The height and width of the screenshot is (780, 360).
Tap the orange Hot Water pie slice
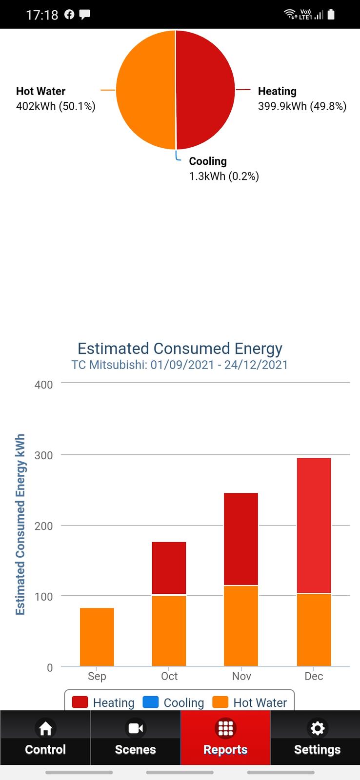(x=145, y=90)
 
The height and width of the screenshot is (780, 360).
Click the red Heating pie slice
(x=205, y=90)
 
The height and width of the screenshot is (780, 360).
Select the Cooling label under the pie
(x=208, y=161)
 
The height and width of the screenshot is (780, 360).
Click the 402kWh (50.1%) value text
(x=56, y=106)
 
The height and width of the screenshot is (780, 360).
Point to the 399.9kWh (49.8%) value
(x=302, y=106)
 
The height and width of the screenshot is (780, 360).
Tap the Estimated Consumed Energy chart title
(x=180, y=349)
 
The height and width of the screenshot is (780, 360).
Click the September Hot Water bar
(x=97, y=637)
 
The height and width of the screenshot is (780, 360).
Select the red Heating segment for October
(x=169, y=568)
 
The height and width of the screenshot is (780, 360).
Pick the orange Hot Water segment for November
(x=241, y=625)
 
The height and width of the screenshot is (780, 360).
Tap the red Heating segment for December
(x=314, y=526)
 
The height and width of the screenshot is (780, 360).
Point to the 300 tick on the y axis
(x=43, y=455)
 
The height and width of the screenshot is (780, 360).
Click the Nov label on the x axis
(x=241, y=676)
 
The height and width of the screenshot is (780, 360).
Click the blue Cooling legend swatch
(x=151, y=702)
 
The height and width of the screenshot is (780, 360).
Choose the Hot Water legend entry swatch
(x=220, y=702)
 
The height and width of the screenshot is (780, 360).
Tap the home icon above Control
(x=45, y=728)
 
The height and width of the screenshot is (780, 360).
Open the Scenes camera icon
(x=135, y=728)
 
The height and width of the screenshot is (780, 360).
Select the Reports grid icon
(x=225, y=728)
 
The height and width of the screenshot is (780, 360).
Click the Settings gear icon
(x=318, y=728)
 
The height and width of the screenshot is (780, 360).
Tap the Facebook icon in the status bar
(x=69, y=15)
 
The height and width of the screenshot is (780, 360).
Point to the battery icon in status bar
(x=331, y=15)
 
